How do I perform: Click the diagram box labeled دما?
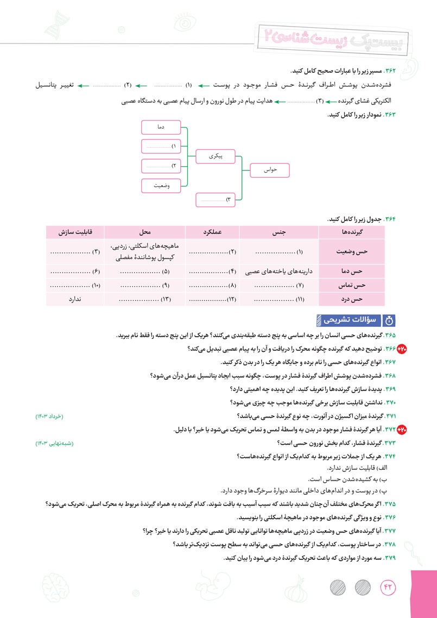164,127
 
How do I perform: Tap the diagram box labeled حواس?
270,171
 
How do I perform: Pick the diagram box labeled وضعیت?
164,186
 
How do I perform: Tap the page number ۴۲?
389,587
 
